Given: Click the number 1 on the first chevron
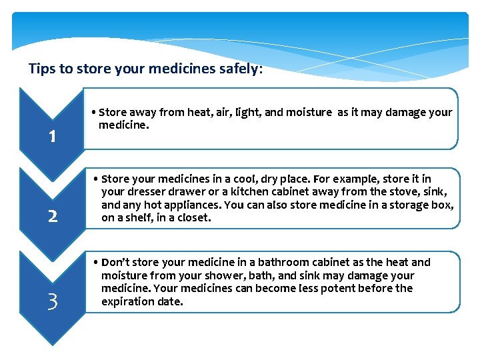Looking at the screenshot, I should [51, 137].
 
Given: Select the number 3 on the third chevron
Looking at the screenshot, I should [52, 302].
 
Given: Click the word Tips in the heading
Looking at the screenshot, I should [41, 68].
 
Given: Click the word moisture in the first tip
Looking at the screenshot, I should [307, 113].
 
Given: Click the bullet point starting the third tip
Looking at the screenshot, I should [97, 263].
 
